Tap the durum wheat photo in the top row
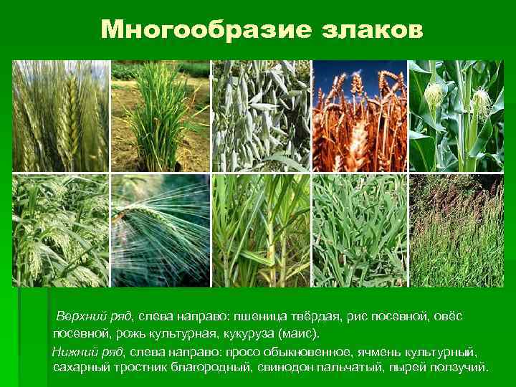point(61,116)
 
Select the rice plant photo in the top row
point(161,116)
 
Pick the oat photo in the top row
point(261,116)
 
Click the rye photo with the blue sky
point(360,116)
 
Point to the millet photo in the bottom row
point(61,231)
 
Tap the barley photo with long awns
point(161,231)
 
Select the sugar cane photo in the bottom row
point(261,231)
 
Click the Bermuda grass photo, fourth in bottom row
point(360,231)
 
